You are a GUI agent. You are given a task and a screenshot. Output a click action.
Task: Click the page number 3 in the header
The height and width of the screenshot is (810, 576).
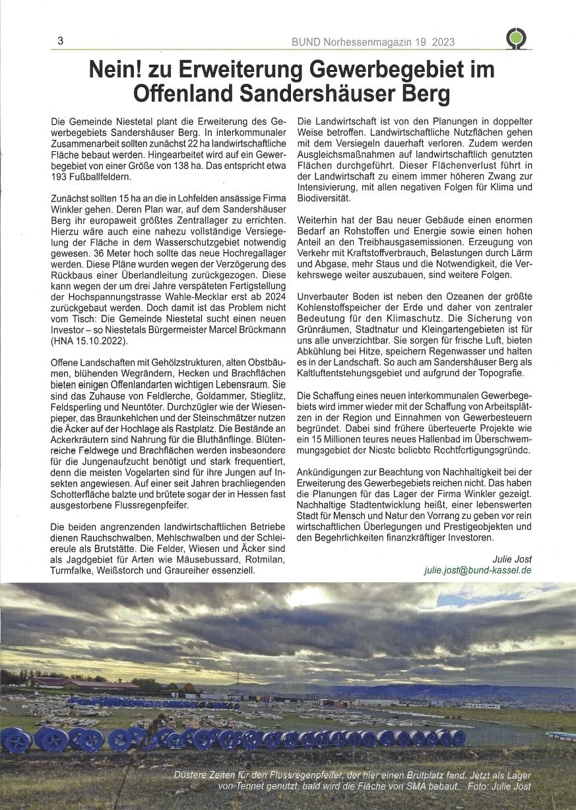coord(60,41)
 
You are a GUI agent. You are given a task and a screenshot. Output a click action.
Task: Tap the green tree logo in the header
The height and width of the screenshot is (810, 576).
coord(516,39)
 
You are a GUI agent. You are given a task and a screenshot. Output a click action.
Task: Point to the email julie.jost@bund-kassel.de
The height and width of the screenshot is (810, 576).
coord(478,570)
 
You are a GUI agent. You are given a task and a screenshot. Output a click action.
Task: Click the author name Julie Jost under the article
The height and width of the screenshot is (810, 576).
coord(511,558)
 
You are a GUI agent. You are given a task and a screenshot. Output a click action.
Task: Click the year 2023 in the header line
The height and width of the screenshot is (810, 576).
coord(444,42)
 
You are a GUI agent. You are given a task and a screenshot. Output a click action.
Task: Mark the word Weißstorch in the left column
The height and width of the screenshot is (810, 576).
coord(148,570)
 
